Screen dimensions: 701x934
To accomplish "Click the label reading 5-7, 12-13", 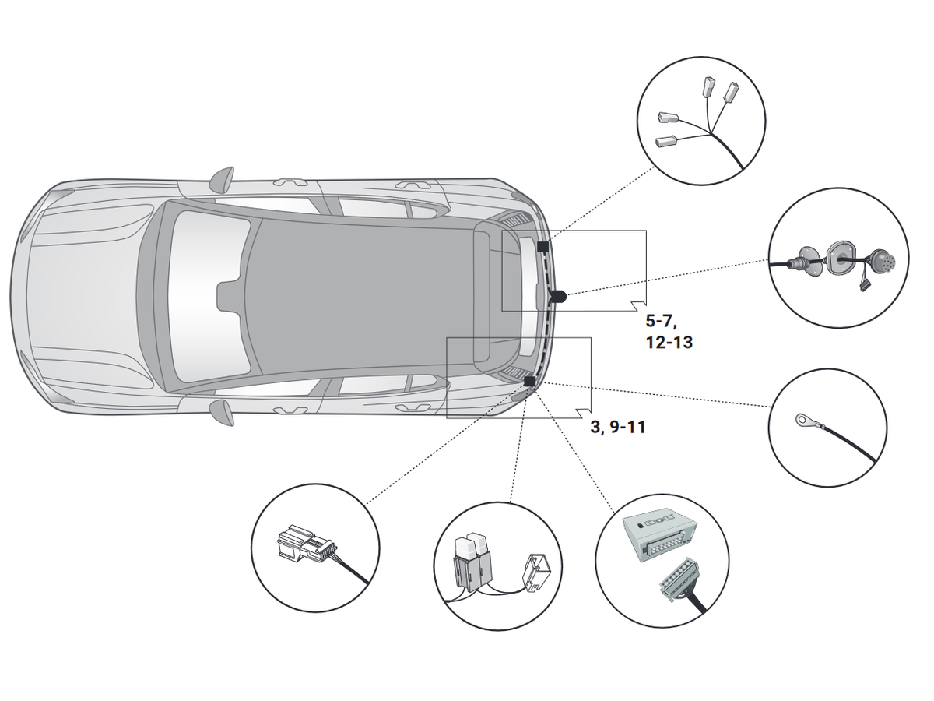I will (x=669, y=330).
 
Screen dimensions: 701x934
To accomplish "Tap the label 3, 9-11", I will (x=617, y=427).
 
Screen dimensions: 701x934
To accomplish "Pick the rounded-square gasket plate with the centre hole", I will (x=841, y=256).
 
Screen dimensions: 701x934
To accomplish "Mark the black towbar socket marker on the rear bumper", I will (x=558, y=296).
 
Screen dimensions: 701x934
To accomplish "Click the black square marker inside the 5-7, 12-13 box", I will (x=542, y=247).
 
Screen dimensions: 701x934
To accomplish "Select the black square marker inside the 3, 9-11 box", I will (x=530, y=381).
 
